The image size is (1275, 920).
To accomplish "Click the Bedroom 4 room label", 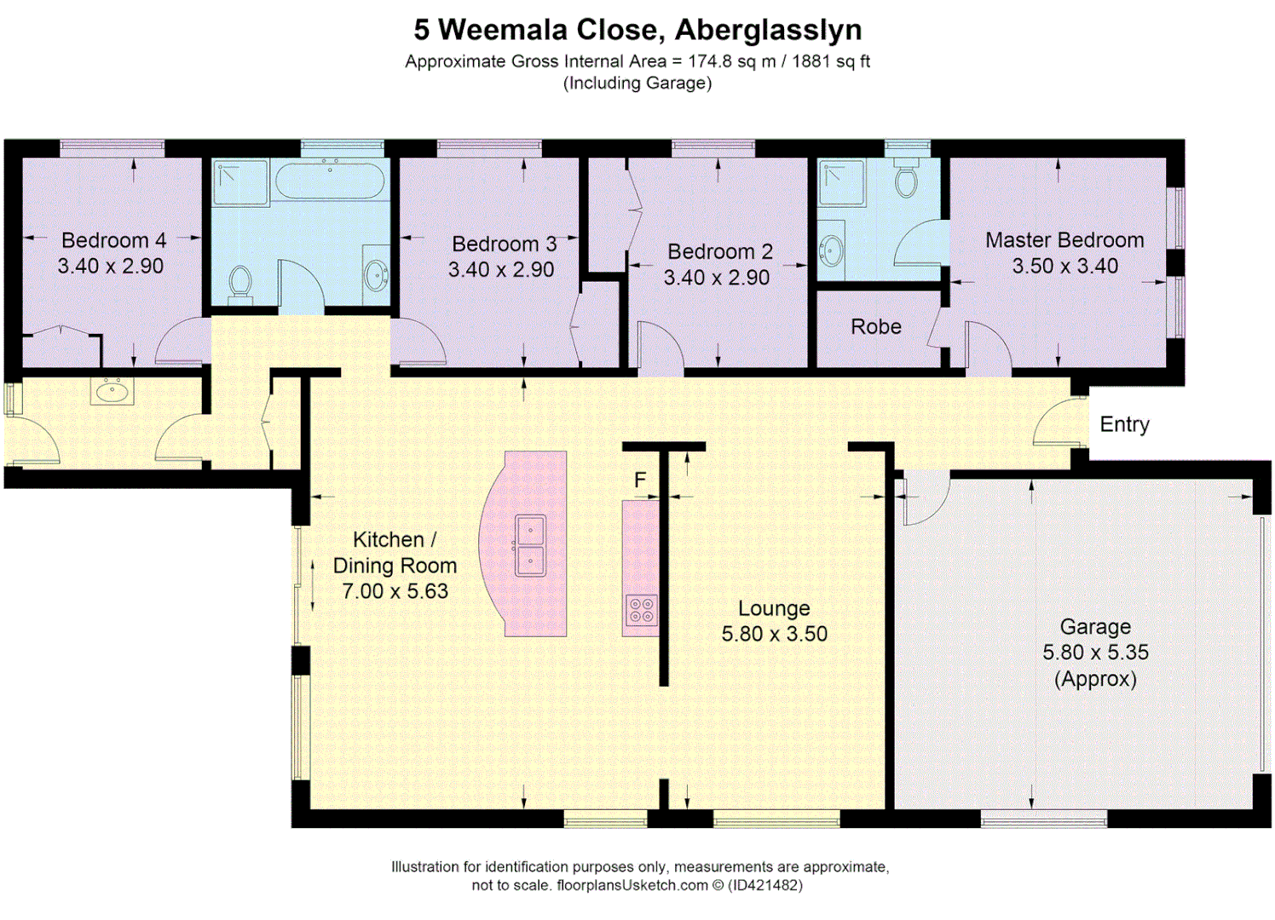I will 113,240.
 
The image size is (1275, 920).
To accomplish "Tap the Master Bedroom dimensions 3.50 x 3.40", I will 1064,266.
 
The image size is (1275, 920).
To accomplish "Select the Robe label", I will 875,327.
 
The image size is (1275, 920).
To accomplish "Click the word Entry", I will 1124,424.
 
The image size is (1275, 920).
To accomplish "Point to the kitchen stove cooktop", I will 641,610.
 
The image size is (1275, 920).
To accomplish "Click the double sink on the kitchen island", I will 530,545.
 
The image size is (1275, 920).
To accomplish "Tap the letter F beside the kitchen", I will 640,480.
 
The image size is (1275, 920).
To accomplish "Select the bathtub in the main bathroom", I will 330,180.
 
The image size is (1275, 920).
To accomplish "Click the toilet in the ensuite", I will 906,177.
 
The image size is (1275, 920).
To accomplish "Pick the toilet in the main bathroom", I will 240,282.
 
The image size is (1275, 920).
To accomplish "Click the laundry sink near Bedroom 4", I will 112,392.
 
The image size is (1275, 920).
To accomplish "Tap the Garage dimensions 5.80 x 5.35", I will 1095,653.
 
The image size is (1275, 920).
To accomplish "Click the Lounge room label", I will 774,608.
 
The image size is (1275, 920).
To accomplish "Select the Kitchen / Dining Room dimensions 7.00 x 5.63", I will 395,591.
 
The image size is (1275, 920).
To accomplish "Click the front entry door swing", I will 1057,424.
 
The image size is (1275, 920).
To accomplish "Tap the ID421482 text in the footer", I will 765,885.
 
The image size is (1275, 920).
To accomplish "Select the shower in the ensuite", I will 841,183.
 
